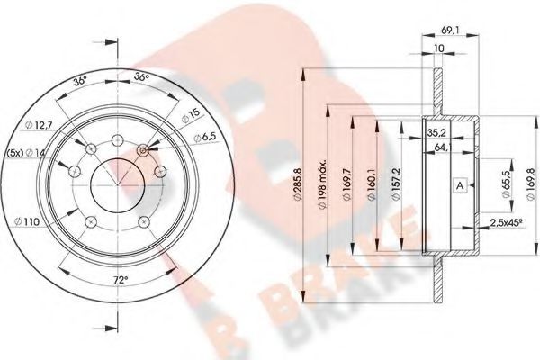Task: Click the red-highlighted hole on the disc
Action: [143, 152]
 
